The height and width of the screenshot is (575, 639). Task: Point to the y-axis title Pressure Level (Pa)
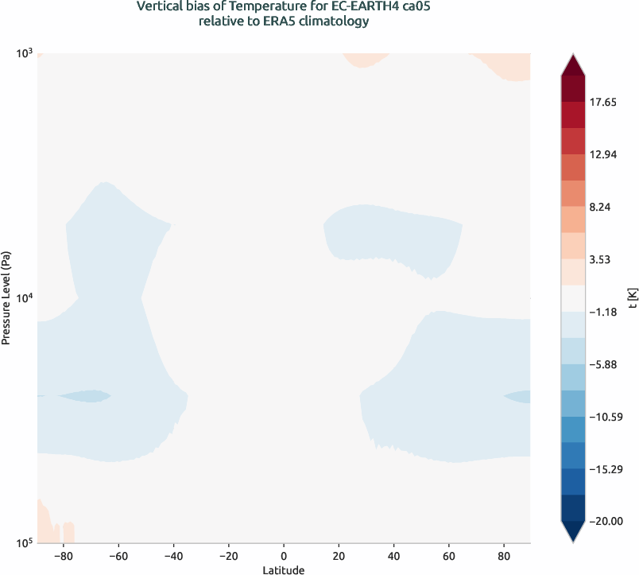[x=6, y=298]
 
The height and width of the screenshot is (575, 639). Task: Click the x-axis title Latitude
[x=284, y=569]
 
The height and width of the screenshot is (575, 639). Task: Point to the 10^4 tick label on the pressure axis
[x=24, y=297]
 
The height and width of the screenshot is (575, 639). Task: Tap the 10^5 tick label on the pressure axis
[x=24, y=542]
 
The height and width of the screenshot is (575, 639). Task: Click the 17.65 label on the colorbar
[x=606, y=103]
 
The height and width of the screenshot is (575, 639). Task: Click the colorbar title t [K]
[x=630, y=298]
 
